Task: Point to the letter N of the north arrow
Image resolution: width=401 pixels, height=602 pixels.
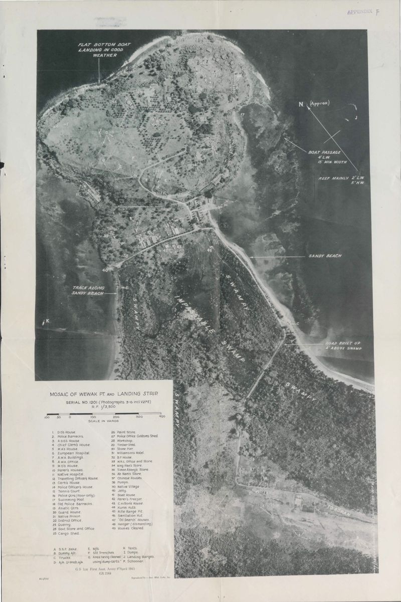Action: point(301,104)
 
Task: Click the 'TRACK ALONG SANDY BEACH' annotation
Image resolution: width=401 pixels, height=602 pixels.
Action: point(88,290)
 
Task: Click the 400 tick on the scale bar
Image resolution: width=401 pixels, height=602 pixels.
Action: point(162,417)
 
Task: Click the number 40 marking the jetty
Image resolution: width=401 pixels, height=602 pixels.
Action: point(105,270)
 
